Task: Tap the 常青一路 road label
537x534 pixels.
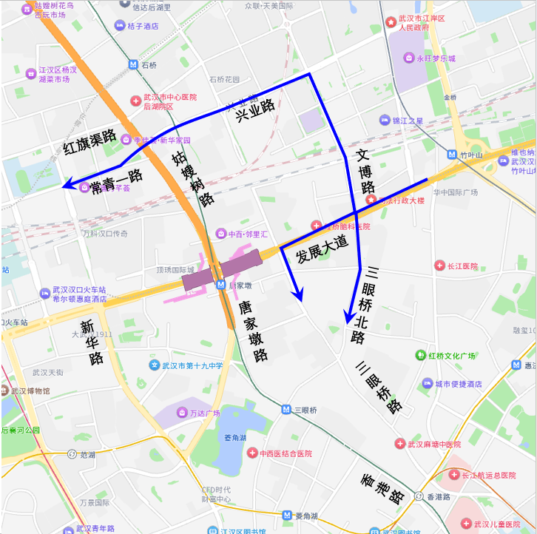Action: pyautogui.click(x=116, y=183)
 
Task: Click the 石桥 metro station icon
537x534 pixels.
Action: pyautogui.click(x=132, y=64)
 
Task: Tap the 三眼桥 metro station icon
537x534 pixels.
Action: pyautogui.click(x=286, y=409)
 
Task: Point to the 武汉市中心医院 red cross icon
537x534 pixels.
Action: pyautogui.click(x=135, y=101)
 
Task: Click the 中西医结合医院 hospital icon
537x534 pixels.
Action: pyautogui.click(x=251, y=453)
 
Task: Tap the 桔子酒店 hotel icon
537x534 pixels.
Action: pyautogui.click(x=119, y=26)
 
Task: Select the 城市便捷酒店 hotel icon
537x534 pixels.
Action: pyautogui.click(x=427, y=383)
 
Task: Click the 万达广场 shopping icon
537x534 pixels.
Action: pyautogui.click(x=182, y=413)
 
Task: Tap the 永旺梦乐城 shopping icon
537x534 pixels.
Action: pyautogui.click(x=408, y=58)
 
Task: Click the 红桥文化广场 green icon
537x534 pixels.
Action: pyautogui.click(x=419, y=356)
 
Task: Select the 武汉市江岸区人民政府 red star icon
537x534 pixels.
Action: pyautogui.click(x=391, y=23)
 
